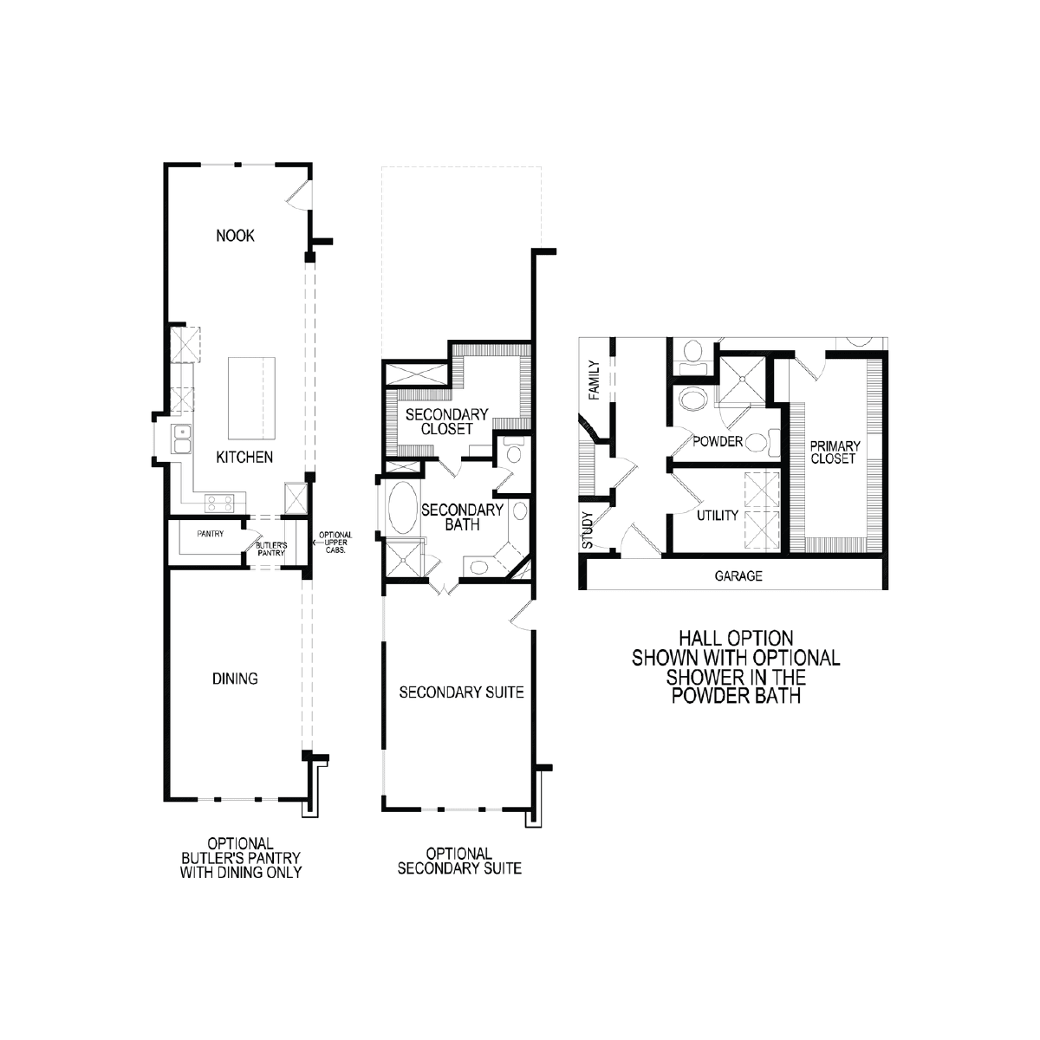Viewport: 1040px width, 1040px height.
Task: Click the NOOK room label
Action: [235, 236]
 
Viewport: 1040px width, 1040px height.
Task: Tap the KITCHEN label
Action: [244, 457]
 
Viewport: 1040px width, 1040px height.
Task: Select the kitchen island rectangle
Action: [251, 399]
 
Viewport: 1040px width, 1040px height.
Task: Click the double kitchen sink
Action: [182, 439]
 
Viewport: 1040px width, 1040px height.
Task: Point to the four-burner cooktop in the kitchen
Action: [219, 504]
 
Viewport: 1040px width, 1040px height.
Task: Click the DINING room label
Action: [235, 679]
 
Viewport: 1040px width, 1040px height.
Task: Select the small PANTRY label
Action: [211, 534]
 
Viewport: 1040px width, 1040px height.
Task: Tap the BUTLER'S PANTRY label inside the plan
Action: [271, 549]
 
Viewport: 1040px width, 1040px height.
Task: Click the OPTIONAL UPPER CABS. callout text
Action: [335, 543]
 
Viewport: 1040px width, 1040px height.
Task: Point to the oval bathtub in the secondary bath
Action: [403, 508]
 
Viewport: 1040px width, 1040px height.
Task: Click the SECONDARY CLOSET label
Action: [447, 421]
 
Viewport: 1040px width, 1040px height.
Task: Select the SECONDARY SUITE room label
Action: [461, 692]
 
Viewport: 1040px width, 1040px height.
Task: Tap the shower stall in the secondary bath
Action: [403, 560]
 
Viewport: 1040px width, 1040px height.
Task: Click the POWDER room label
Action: [718, 441]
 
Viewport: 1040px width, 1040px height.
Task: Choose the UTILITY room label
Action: [718, 516]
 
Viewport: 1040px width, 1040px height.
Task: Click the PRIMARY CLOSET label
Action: [835, 452]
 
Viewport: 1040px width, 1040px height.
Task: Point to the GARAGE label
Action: [738, 575]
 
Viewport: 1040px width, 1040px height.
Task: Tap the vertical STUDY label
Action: [588, 530]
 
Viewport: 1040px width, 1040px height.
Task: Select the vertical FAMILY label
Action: [595, 380]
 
